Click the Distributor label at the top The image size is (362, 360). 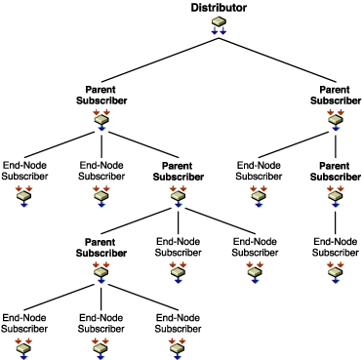tap(219, 9)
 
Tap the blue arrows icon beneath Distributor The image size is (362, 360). tap(219, 27)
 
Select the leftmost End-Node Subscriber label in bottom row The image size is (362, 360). tap(23, 323)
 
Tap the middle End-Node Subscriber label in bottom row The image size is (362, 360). tap(101, 323)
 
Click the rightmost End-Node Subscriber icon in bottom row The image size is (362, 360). tap(178, 347)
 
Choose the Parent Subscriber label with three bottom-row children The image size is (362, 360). tap(101, 247)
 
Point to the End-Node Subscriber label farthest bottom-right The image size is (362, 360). tap(336, 247)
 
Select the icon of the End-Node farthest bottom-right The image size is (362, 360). tap(336, 270)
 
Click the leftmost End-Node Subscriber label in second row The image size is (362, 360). tap(23, 171)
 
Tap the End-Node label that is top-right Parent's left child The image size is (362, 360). tap(258, 171)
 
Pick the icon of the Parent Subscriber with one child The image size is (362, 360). tap(336, 195)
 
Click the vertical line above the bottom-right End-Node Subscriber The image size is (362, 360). tap(336, 220)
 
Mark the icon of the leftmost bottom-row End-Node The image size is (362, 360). tap(23, 347)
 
